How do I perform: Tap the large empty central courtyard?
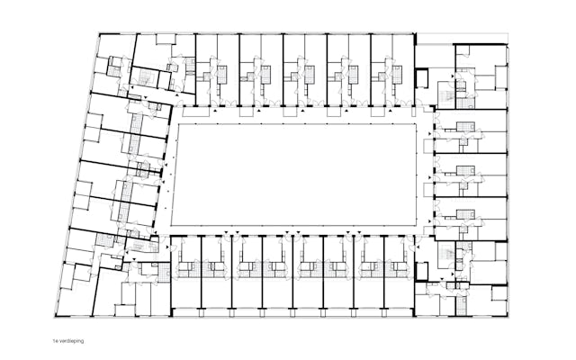pos(294,175)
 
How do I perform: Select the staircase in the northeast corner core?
pos(447,95)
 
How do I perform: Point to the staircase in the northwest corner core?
pos(145,76)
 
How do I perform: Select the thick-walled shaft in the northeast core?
pos(422,78)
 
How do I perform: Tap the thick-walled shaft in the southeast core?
pos(422,272)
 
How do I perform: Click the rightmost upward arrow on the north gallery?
pos(390,110)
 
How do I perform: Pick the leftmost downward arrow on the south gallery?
pos(227,232)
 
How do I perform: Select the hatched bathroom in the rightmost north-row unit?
pos(398,75)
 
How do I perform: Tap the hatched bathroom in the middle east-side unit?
pos(466,170)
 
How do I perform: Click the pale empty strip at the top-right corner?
pos(463,38)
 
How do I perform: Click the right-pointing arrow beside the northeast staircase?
pos(453,76)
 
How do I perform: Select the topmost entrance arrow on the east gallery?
pos(429,133)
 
